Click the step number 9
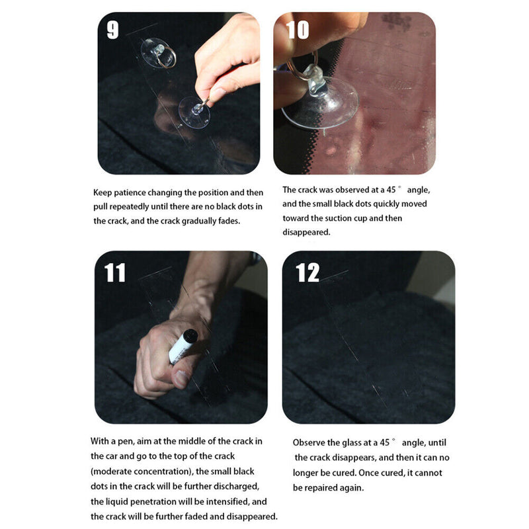coord(113,30)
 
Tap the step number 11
coord(115,272)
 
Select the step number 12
coord(307,272)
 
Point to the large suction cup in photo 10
coord(320,103)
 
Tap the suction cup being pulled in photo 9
coord(194,111)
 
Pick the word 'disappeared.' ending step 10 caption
coord(306,232)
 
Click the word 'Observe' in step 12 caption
coord(309,442)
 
